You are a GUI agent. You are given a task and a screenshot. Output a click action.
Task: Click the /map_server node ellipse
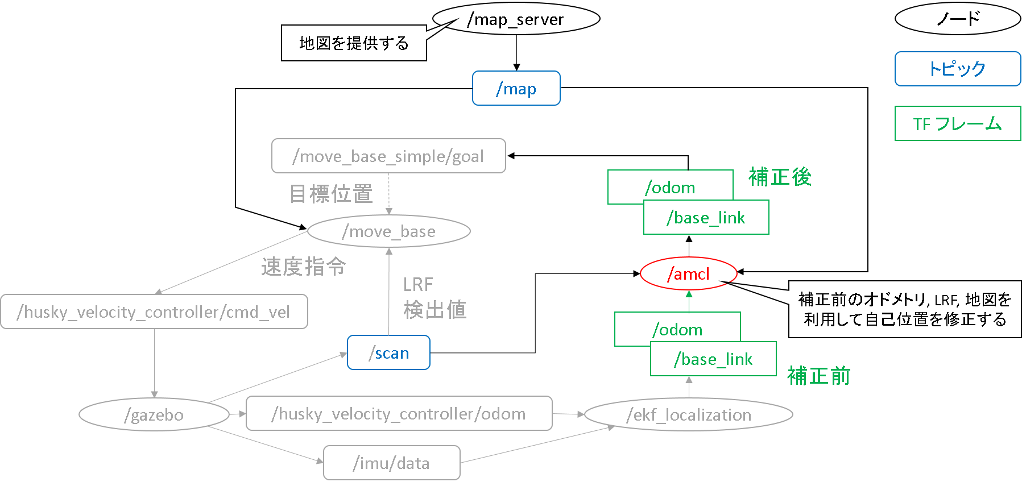[516, 19]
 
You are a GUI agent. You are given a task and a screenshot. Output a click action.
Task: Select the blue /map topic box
[516, 88]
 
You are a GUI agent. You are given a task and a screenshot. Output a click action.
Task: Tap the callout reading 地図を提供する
[354, 43]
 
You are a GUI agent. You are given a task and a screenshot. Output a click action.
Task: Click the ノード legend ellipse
[958, 19]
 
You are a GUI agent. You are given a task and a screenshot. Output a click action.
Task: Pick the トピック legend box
[958, 69]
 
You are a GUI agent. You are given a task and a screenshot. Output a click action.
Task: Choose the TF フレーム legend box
[958, 123]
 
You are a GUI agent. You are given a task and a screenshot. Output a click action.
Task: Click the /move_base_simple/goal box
[388, 156]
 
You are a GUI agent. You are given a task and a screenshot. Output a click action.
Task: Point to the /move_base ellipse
[389, 231]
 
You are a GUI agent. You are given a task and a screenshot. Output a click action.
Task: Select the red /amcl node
[688, 274]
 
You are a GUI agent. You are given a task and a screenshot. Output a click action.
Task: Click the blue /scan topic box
[388, 352]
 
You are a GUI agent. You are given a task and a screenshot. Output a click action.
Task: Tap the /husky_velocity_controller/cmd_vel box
[154, 311]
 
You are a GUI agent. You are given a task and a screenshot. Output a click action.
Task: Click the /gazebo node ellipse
[154, 414]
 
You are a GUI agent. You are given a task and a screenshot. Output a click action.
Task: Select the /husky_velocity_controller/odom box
[399, 413]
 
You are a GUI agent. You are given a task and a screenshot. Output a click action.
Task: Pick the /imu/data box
[391, 463]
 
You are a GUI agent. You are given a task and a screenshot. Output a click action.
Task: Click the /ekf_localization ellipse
[689, 414]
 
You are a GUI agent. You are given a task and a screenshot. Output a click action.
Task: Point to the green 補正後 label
[780, 177]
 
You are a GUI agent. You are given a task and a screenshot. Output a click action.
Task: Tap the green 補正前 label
[818, 376]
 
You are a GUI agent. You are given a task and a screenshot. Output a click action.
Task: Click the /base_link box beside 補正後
[706, 218]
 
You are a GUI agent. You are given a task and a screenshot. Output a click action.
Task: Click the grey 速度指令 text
[303, 266]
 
